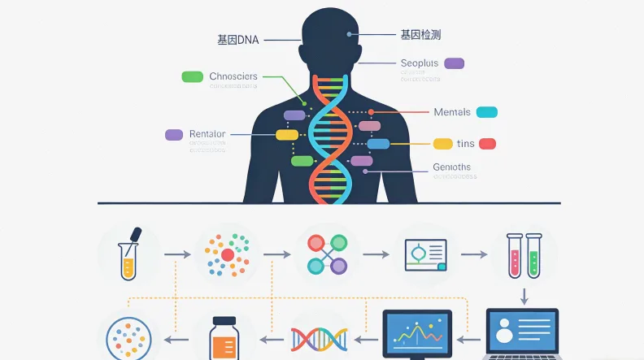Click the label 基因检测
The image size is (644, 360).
(421, 35)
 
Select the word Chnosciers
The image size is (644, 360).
(233, 76)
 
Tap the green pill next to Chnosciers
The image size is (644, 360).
(192, 76)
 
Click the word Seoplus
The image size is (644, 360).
(420, 63)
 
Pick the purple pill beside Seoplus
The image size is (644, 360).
(454, 63)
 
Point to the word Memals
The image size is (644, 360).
(452, 112)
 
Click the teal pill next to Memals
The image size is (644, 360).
(486, 112)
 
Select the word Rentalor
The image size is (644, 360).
(207, 134)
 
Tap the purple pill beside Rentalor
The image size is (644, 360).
(174, 135)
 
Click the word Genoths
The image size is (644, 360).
(452, 167)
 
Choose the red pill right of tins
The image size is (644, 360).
(487, 144)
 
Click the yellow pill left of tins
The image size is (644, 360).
(442, 144)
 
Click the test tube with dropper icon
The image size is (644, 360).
(129, 254)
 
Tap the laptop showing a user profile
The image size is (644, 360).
(522, 333)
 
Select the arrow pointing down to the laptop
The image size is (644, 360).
(524, 294)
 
